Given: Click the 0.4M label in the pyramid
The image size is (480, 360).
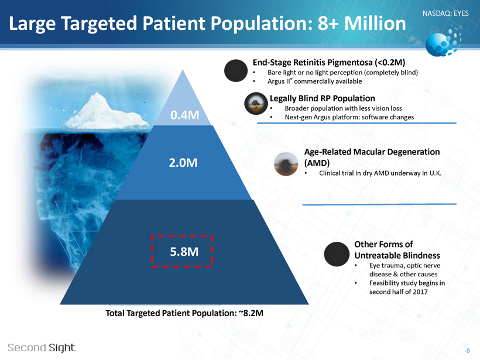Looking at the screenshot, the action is (x=184, y=115).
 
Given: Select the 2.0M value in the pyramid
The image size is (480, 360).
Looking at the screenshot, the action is (x=183, y=163).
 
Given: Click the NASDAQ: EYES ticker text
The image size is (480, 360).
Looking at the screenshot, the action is (x=445, y=13).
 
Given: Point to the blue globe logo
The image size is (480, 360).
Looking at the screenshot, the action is (x=443, y=42).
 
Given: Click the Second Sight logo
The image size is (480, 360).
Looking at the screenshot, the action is (x=42, y=348).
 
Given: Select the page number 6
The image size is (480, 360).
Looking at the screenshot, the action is (x=468, y=351).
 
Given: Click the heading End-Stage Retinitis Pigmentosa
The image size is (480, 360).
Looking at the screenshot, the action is (x=329, y=63).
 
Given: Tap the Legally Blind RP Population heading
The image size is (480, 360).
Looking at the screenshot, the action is (x=323, y=98).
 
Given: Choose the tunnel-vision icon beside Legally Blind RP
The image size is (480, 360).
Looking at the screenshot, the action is (x=256, y=104).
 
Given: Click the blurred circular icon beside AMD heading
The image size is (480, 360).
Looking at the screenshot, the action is (x=286, y=164).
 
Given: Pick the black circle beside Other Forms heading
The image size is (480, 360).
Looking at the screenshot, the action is (x=337, y=254).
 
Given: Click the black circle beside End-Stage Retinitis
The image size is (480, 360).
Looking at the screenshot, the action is (x=236, y=70).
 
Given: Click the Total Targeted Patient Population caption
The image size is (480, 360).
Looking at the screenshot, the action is (x=184, y=313).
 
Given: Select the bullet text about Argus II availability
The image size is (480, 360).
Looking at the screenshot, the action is (x=315, y=81).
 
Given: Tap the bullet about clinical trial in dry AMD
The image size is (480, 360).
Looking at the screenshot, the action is (x=380, y=173).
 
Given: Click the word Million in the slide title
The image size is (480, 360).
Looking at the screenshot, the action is (x=375, y=23).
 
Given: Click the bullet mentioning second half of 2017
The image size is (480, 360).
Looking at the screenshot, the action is (x=407, y=287).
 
